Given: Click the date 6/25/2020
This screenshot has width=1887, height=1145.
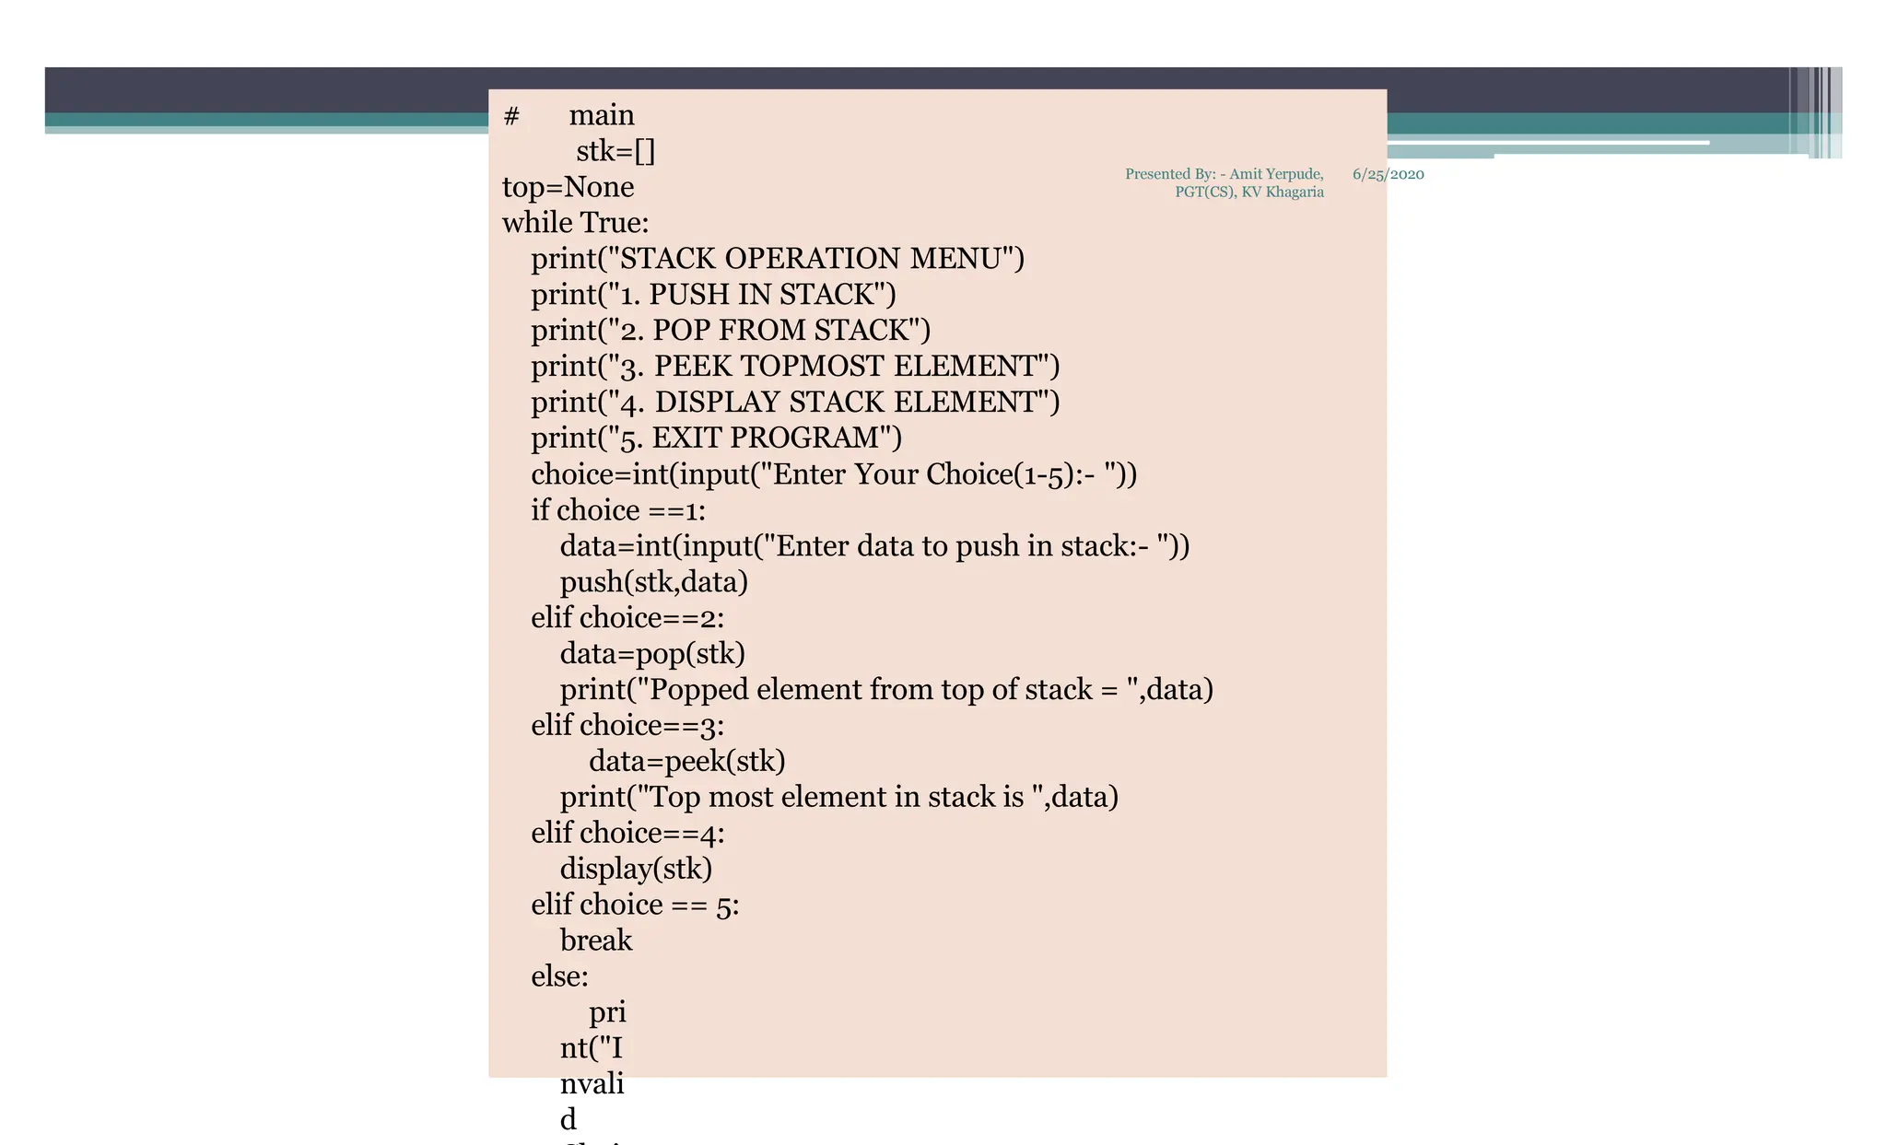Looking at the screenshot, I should point(1388,174).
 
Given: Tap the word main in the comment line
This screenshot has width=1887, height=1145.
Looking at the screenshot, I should point(602,115).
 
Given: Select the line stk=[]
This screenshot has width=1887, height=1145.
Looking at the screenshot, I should point(615,151).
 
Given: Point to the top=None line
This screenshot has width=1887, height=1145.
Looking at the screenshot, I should point(568,187).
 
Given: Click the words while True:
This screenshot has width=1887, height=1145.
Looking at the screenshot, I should point(575,223).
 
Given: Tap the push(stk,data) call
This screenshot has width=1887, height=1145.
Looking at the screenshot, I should point(653,582).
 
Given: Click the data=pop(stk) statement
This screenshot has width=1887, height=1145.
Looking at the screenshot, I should point(652,654).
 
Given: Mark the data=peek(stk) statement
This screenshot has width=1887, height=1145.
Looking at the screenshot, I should point(686,762).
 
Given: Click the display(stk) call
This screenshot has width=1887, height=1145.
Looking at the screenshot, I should point(636,870).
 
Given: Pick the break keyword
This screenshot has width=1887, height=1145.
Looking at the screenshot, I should point(596,941).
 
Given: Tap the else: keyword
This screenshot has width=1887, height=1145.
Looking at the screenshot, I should point(559,976).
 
